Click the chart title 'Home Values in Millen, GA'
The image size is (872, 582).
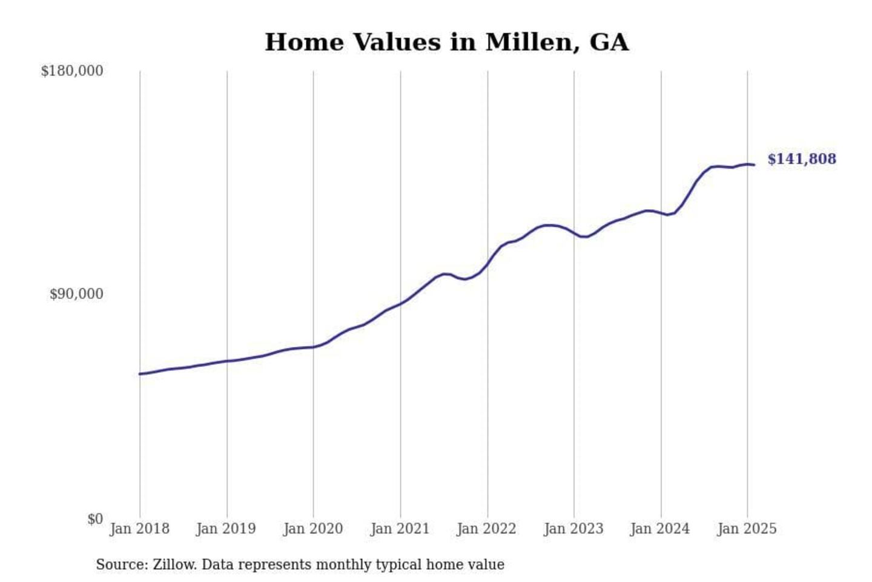(x=446, y=42)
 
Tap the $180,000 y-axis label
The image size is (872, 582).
(x=72, y=71)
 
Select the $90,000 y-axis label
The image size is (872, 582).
(x=76, y=294)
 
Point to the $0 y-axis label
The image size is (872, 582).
(x=95, y=519)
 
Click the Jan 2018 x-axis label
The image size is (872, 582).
(x=139, y=529)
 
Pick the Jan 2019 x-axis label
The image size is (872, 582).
(x=226, y=529)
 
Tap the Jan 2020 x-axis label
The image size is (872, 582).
(x=313, y=529)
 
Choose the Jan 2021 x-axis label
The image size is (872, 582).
(x=400, y=529)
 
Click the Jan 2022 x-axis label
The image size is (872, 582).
(x=486, y=529)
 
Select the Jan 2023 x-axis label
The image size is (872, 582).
(x=573, y=529)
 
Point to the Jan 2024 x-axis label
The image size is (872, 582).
(x=660, y=529)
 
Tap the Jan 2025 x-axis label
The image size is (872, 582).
(x=747, y=529)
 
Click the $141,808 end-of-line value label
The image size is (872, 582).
(x=802, y=159)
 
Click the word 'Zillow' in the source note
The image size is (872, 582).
(x=174, y=564)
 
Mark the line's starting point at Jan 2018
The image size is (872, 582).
(x=140, y=374)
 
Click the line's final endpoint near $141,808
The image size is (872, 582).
(x=754, y=165)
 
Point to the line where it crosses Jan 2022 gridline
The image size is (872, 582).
(x=487, y=264)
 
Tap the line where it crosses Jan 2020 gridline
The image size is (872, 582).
(x=314, y=347)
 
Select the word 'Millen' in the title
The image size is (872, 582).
(x=527, y=42)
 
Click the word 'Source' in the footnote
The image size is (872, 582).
(x=121, y=564)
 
